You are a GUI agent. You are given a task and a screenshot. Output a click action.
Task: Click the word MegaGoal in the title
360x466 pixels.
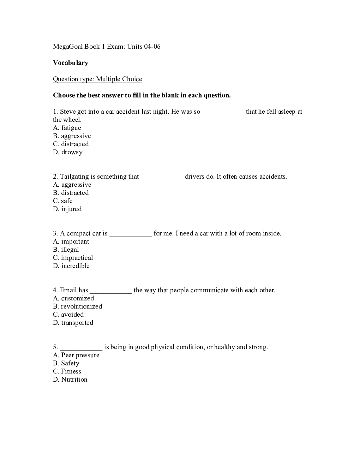coord(68,47)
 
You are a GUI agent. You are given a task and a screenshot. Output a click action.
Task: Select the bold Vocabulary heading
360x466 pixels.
coord(71,63)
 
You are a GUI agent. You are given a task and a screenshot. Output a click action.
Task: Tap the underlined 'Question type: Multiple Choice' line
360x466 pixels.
coord(97,79)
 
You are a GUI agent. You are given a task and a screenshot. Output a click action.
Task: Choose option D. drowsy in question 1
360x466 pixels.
coord(68,152)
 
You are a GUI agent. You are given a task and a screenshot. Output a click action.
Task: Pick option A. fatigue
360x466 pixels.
coord(67,128)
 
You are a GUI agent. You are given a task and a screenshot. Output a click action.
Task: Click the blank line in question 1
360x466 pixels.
coord(223,112)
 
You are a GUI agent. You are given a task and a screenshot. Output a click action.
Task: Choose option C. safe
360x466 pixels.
coord(63,201)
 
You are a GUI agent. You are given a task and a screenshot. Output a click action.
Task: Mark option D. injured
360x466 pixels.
coord(67,209)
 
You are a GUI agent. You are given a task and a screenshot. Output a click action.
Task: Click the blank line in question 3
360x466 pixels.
coord(131,234)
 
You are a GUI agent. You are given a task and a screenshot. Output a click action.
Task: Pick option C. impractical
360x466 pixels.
coord(73,258)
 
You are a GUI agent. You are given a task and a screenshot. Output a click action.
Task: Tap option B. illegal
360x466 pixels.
coord(66,250)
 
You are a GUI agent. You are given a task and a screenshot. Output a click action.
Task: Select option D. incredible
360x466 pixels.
coord(71,266)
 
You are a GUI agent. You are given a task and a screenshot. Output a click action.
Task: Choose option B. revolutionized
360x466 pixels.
coord(78,306)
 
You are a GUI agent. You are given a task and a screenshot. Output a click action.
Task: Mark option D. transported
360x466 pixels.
coord(73,323)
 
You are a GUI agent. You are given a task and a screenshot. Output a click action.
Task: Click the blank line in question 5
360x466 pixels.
coord(81,348)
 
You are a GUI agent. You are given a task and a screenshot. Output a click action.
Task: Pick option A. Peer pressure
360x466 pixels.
coord(76,355)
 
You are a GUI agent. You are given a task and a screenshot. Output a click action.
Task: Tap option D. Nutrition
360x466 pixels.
coord(70,380)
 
